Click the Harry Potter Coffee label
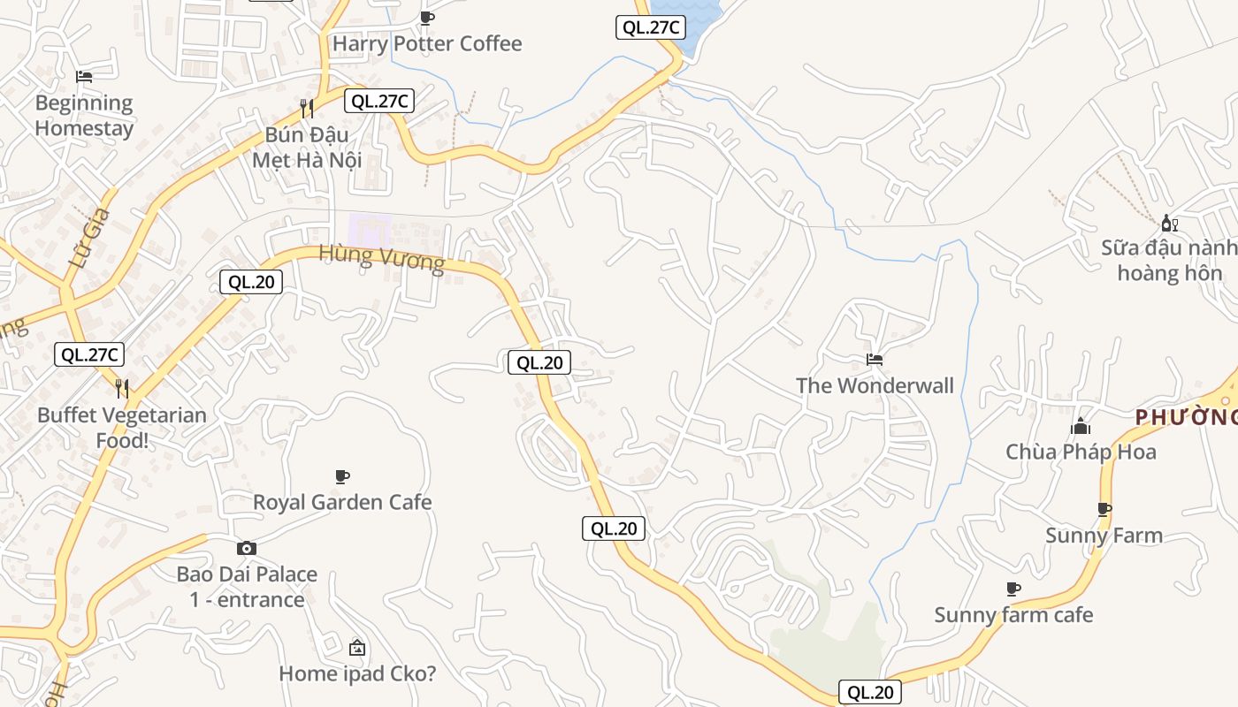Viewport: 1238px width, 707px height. click(427, 43)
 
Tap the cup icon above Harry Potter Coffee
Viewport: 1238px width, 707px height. click(427, 18)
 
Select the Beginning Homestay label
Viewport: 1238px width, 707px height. click(84, 116)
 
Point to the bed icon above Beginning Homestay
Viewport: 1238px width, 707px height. click(84, 77)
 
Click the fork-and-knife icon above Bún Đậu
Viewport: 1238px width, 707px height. click(307, 109)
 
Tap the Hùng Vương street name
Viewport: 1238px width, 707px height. click(381, 258)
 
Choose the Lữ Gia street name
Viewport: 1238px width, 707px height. click(91, 239)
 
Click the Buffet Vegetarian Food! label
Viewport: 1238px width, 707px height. click(122, 428)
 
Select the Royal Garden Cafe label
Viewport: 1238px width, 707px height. click(342, 502)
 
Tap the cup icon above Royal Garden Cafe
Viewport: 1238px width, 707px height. click(342, 477)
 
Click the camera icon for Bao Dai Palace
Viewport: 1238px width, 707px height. click(247, 549)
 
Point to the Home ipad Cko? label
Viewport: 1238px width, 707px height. click(357, 673)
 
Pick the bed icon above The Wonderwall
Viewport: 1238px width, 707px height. click(875, 360)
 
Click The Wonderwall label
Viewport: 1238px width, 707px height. click(875, 385)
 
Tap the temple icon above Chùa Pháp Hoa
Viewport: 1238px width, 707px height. click(1081, 428)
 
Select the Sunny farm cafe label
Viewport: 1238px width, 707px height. click(1013, 614)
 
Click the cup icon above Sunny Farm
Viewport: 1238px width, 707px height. click(1104, 509)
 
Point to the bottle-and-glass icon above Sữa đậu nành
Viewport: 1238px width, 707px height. click(1169, 223)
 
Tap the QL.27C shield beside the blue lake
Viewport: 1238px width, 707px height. click(650, 27)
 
